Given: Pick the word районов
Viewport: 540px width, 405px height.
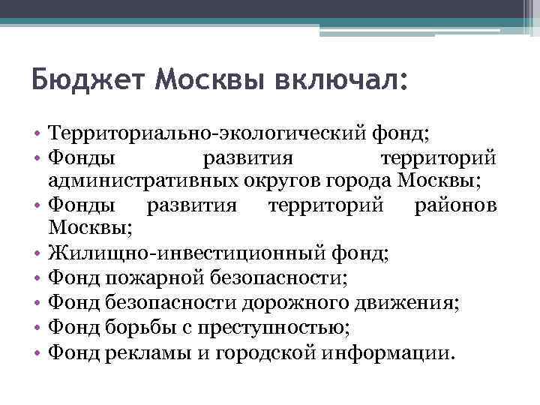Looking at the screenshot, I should [455, 205].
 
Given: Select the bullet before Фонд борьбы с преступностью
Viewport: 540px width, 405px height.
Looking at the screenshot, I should [37, 327].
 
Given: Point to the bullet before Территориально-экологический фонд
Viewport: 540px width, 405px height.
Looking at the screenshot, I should [37, 135].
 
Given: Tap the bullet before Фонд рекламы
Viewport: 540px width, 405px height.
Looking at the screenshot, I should [37, 352].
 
